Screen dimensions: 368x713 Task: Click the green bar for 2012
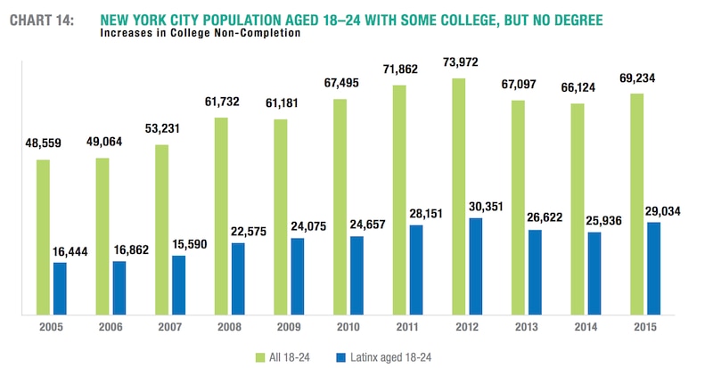(459, 196)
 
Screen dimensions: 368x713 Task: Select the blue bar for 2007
(178, 284)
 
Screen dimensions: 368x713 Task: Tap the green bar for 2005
(43, 237)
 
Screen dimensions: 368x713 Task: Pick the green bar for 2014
(578, 209)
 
